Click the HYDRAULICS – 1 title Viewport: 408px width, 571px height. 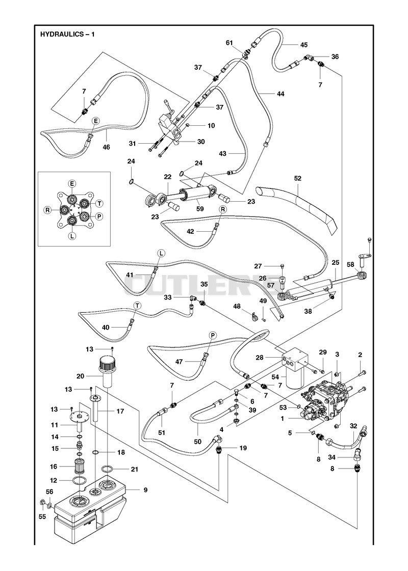[67, 35]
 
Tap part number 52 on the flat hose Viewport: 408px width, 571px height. [298, 178]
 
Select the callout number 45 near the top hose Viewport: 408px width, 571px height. [304, 45]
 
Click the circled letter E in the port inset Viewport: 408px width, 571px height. [72, 183]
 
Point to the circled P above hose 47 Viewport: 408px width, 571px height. [212, 335]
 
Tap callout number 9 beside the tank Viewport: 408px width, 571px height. [145, 490]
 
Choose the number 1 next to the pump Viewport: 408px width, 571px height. [282, 419]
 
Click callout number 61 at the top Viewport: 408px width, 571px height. [229, 43]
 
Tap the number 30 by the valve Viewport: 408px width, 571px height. [201, 142]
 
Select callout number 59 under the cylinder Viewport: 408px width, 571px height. [200, 209]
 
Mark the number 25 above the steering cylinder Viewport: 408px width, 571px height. [336, 262]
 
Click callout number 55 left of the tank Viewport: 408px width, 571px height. [42, 516]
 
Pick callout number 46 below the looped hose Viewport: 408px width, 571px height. [107, 147]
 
